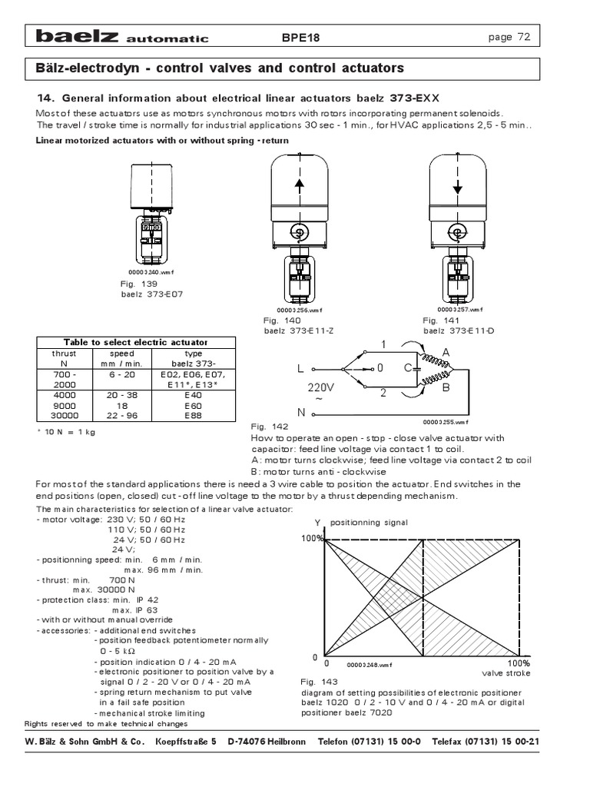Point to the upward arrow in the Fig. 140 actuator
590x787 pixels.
(298, 188)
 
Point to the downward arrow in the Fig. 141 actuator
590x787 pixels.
(456, 187)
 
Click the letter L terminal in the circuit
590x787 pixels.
(301, 369)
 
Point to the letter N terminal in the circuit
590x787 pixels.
(301, 413)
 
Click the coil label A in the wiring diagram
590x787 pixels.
(446, 352)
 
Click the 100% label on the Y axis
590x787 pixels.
(313, 539)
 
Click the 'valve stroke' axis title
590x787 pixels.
(506, 673)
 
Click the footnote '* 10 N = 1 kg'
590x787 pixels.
(65, 431)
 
